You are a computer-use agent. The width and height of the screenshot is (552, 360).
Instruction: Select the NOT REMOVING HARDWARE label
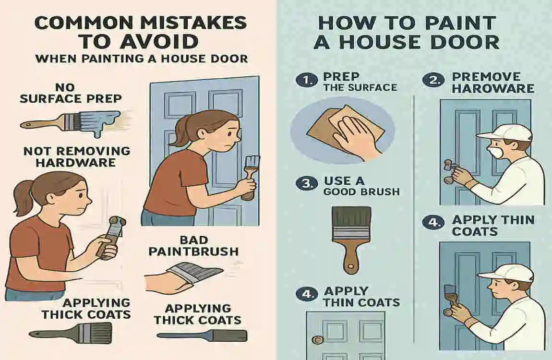click(x=77, y=156)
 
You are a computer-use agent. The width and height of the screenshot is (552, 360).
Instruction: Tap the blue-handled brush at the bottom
click(x=202, y=335)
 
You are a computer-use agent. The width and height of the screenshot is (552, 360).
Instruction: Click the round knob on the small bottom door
click(x=317, y=340)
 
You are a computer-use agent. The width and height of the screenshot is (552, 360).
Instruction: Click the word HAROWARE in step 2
click(x=493, y=88)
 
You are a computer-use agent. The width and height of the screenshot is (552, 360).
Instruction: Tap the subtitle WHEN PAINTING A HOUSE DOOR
click(x=142, y=59)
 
